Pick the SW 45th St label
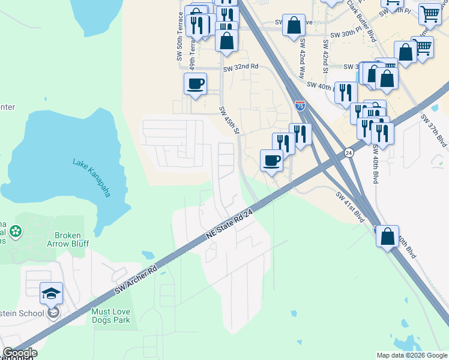229,120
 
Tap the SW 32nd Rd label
240,67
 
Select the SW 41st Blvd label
351,206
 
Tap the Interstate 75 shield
300,106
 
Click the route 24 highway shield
349,153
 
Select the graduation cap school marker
52,294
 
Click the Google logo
20,353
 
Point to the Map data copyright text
411,355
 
